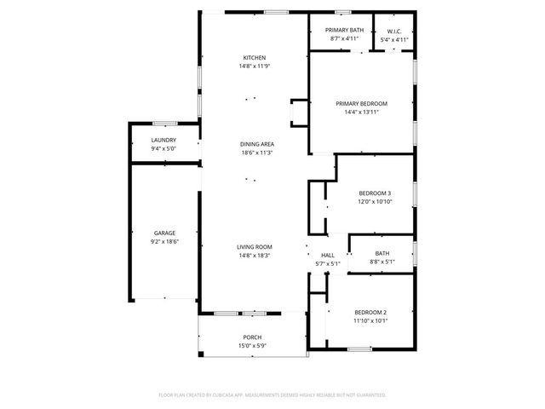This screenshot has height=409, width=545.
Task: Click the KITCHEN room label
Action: (255, 58)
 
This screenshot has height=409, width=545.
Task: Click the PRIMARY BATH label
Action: (345, 30)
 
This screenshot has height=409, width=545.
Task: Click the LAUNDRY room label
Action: (163, 140)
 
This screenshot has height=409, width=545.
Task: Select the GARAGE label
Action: (164, 233)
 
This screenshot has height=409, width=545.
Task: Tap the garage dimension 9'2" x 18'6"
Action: (164, 241)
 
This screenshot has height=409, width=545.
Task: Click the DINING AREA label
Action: (256, 144)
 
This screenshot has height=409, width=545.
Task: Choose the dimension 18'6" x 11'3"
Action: (256, 153)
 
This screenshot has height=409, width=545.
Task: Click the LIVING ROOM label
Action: (254, 247)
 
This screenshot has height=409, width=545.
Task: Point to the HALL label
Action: (328, 255)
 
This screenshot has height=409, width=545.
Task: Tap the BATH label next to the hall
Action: (381, 253)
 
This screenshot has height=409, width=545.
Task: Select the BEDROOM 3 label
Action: (375, 193)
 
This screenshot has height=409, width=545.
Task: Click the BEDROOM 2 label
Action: (370, 312)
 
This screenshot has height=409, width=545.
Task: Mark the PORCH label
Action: (252, 337)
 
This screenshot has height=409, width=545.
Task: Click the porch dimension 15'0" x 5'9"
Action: (252, 345)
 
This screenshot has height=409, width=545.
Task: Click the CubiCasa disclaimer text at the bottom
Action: (272, 395)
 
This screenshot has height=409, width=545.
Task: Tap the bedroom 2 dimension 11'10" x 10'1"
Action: (370, 320)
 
